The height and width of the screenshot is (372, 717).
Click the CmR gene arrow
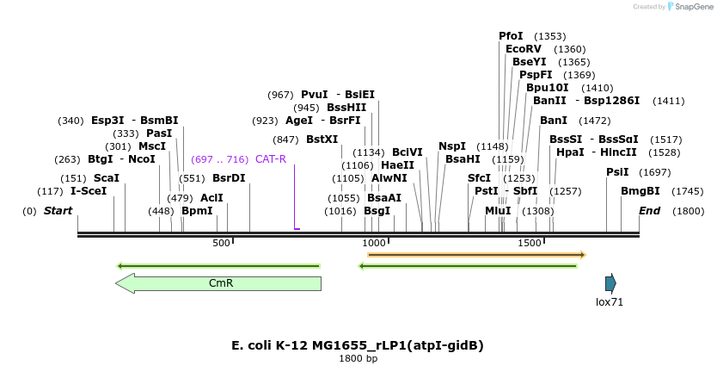point(218,283)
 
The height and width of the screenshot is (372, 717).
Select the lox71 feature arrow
point(610,283)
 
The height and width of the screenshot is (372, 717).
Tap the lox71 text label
point(610,302)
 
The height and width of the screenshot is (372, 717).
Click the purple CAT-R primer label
point(271,159)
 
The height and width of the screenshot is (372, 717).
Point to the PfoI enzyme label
point(511,36)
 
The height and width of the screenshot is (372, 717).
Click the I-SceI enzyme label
point(89,190)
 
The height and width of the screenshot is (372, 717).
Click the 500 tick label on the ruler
point(221,244)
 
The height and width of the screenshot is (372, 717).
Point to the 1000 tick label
point(375,244)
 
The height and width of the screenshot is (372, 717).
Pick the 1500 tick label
point(529,244)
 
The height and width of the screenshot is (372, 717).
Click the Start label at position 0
point(58,211)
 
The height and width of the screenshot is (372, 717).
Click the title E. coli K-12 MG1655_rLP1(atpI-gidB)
point(358,345)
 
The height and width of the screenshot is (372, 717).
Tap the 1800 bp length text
point(358,359)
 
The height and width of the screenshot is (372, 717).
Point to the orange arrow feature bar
point(476,255)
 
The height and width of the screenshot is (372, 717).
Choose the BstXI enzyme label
point(322,139)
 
